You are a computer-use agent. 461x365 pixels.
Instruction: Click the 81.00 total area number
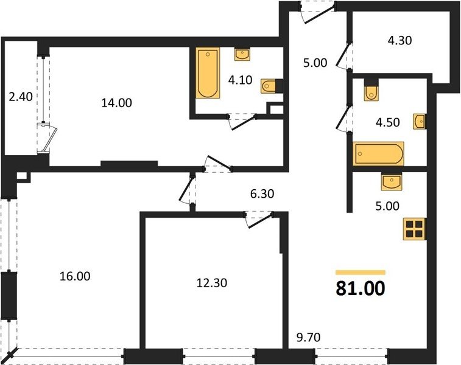360,288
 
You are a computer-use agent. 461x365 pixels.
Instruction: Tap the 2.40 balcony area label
21,96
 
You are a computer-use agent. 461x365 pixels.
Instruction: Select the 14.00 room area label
116,103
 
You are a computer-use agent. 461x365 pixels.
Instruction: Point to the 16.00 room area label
75,276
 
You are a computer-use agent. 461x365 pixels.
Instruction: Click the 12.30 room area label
212,283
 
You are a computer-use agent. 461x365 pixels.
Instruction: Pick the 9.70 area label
308,338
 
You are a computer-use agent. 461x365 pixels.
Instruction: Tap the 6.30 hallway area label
262,193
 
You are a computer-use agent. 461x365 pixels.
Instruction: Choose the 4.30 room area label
400,40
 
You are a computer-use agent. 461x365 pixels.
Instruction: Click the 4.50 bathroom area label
388,122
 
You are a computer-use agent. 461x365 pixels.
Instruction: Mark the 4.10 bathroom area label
240,80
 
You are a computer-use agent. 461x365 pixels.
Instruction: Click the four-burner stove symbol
415,229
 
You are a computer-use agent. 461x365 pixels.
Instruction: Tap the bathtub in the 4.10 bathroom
208,72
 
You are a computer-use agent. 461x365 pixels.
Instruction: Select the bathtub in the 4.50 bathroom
378,153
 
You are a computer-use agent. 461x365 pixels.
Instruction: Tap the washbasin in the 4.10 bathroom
242,54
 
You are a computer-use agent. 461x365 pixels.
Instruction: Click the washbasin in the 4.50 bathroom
419,121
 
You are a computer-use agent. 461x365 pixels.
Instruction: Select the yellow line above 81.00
361,273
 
